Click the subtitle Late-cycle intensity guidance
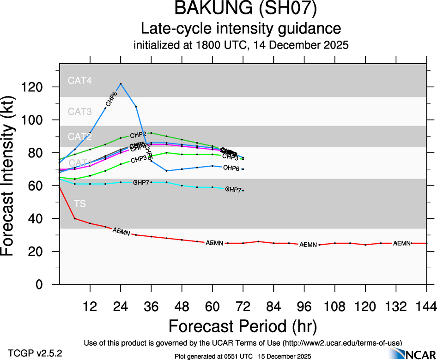pyautogui.click(x=241, y=29)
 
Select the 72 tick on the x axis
pyautogui.click(x=243, y=305)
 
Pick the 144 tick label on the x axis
pyautogui.click(x=426, y=305)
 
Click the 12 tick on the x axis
pyautogui.click(x=90, y=305)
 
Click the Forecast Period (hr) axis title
pyautogui.click(x=242, y=326)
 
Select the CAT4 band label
pyautogui.click(x=79, y=80)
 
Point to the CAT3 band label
pyautogui.click(x=79, y=111)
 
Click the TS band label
pyautogui.click(x=80, y=204)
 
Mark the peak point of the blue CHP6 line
pyautogui.click(x=121, y=84)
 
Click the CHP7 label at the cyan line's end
pyautogui.click(x=234, y=190)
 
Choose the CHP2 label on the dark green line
pyautogui.click(x=138, y=135)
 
